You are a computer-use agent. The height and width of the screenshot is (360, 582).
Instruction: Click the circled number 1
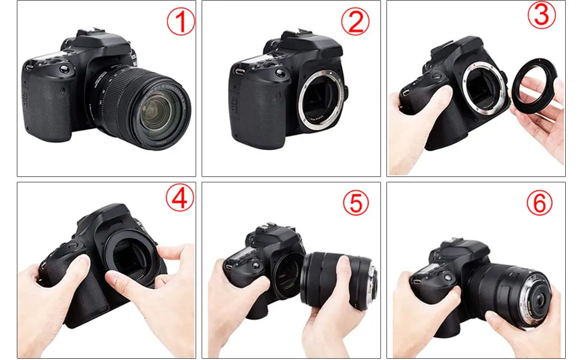[x=181, y=22]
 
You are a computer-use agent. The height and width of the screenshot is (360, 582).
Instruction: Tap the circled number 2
[x=355, y=22]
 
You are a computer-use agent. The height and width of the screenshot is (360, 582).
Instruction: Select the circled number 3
[x=542, y=15]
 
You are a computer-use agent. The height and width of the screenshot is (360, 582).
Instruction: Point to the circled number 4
[x=179, y=198]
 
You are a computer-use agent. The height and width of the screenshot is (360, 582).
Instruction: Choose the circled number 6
[x=539, y=202]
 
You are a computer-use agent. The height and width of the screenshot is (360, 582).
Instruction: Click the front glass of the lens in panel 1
[x=157, y=112]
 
